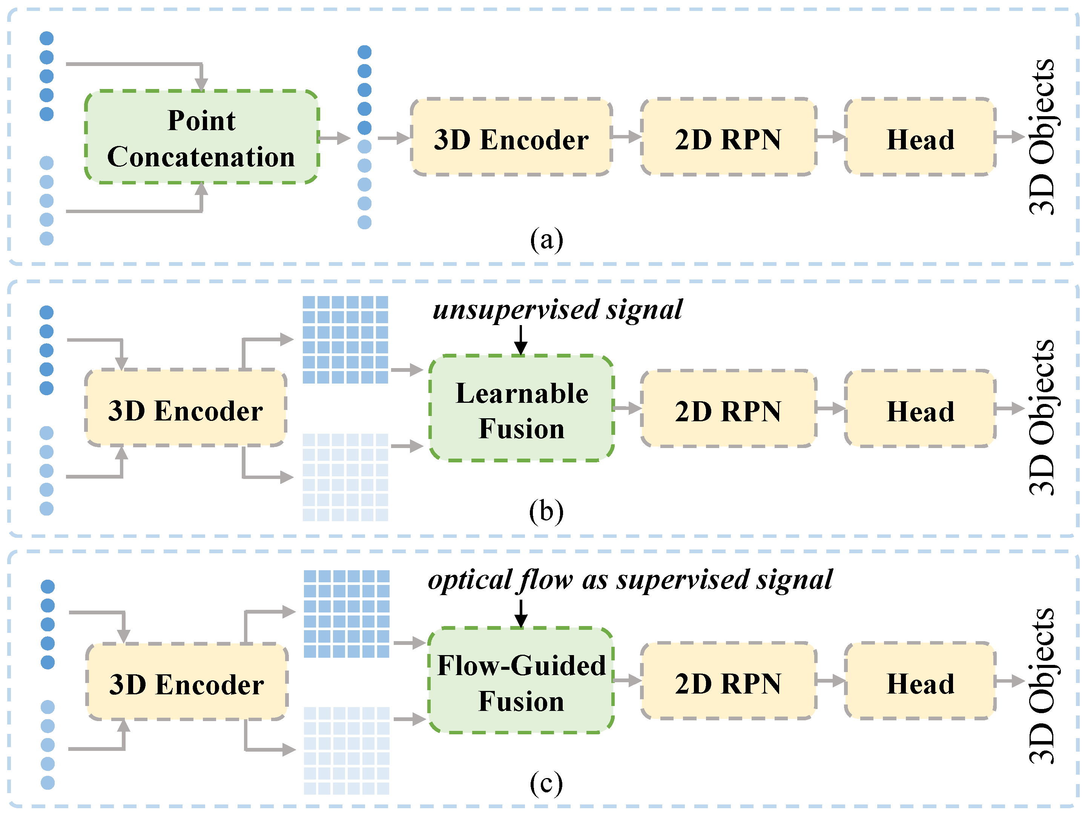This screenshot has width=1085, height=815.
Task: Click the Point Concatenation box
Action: (x=202, y=137)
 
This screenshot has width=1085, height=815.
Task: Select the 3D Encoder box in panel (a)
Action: (x=511, y=137)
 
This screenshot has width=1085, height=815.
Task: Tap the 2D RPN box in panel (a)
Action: (x=728, y=137)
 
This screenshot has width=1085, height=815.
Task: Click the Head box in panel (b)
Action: (x=920, y=409)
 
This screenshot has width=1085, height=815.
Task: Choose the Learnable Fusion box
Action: (x=522, y=409)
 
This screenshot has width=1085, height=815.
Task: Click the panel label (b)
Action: (x=546, y=511)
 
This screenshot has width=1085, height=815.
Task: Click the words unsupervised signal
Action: (x=557, y=310)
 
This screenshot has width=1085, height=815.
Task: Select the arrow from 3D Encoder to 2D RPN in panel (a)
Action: (x=626, y=137)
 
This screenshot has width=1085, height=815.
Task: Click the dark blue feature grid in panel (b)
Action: (x=345, y=339)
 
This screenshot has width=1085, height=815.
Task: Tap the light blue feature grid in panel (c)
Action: (x=346, y=750)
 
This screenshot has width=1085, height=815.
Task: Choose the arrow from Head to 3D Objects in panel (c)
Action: (x=1010, y=681)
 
